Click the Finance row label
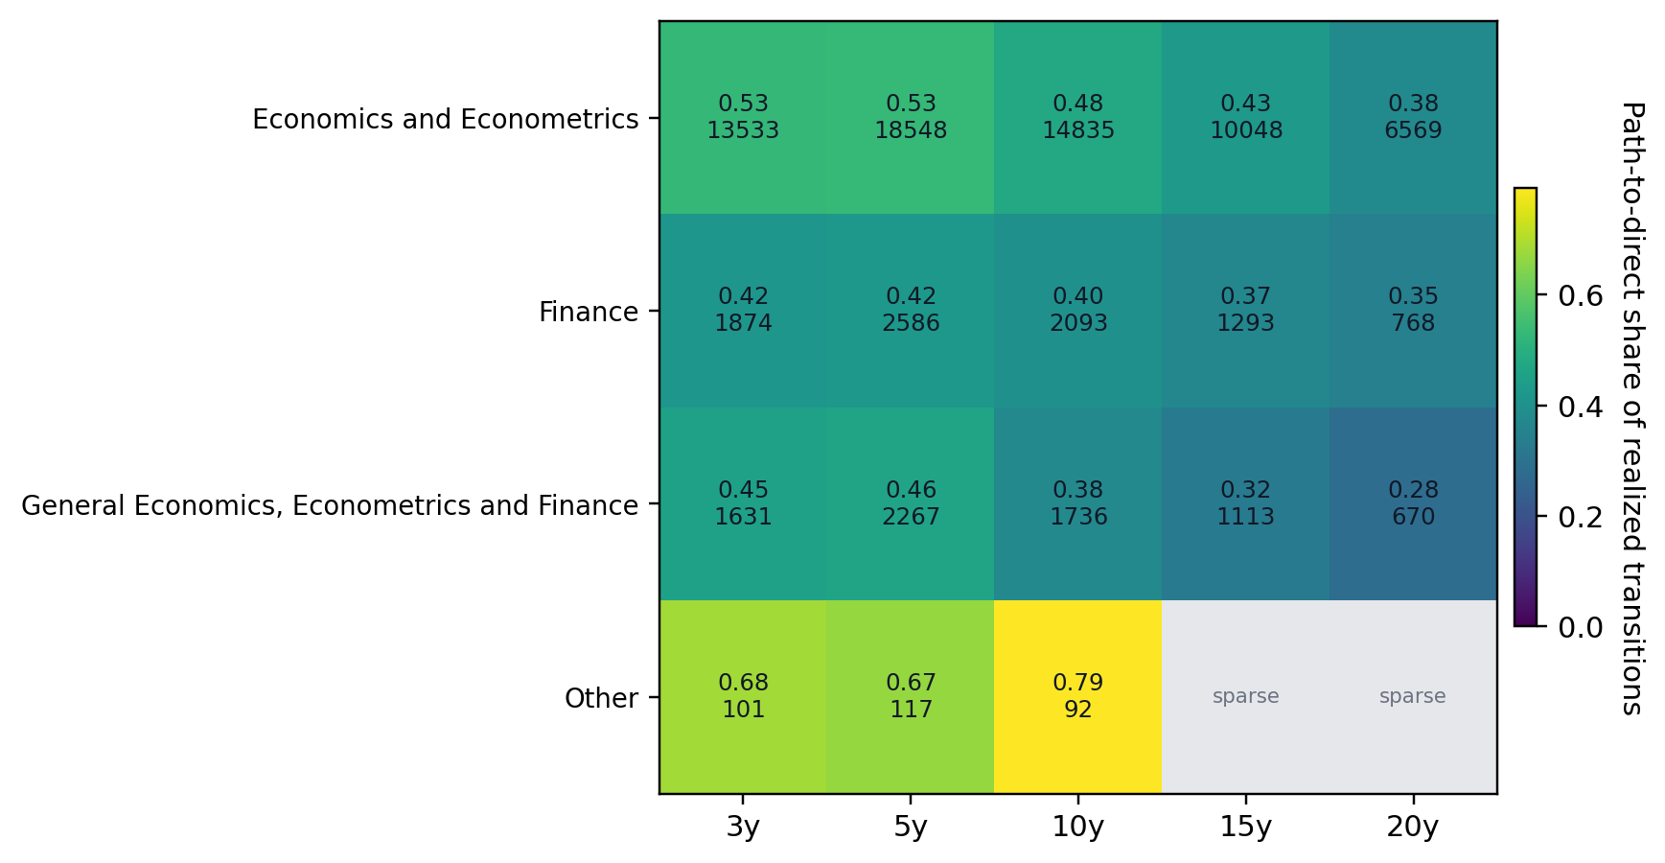[588, 312]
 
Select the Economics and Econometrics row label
[445, 119]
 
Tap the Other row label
[601, 698]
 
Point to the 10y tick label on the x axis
[1077, 827]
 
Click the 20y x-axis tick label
[1412, 827]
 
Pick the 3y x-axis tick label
[743, 827]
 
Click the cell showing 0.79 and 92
[1077, 696]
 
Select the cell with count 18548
[910, 118]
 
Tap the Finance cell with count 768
[1412, 311]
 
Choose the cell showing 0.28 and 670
[1412, 503]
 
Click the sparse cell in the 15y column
[1245, 696]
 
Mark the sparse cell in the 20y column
[1412, 696]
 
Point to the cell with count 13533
[743, 118]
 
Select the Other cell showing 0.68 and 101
[743, 696]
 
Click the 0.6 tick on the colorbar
[1579, 295]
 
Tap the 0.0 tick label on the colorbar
[1579, 627]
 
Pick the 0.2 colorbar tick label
[1579, 517]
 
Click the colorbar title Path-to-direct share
[1631, 408]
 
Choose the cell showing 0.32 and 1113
[1245, 503]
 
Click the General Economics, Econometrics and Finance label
[330, 505]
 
